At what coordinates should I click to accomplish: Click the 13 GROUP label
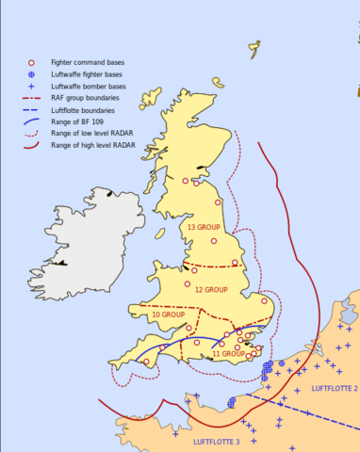coord(205,228)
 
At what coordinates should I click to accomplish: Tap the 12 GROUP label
coord(211,289)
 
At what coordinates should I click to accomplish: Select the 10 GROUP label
coord(169,314)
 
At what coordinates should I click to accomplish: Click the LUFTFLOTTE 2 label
coord(334,389)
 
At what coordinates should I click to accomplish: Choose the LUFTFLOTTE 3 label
coord(217,441)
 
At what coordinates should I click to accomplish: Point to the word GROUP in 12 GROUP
coord(218,289)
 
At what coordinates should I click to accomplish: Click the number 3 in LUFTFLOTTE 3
coord(237,441)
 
